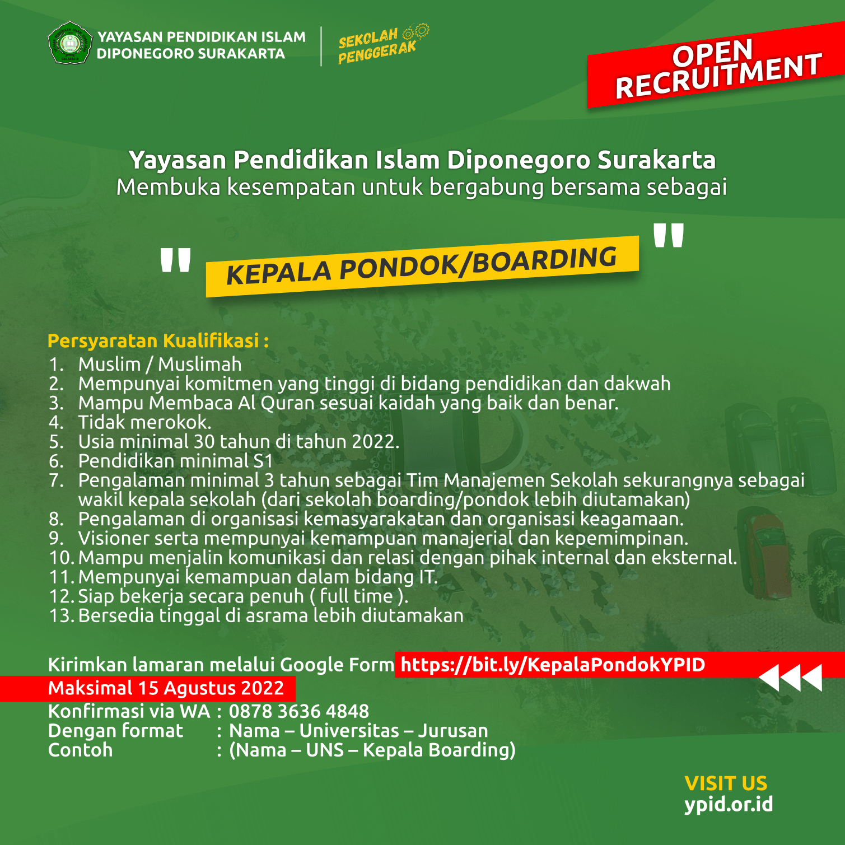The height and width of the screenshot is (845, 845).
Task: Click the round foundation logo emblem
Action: [x=69, y=43]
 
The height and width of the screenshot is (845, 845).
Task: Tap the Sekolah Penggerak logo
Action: [x=381, y=44]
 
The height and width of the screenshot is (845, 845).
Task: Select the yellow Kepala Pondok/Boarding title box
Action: [x=422, y=267]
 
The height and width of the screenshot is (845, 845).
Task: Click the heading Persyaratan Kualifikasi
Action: [x=158, y=340]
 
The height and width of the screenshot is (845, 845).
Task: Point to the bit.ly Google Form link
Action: [x=553, y=665]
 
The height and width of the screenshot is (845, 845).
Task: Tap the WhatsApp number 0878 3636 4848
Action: [x=299, y=711]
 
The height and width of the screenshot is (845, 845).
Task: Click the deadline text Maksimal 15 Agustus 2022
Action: [x=166, y=688]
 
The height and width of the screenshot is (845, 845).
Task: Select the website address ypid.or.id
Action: [x=728, y=804]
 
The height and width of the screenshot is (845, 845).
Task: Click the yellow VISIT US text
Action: [x=726, y=783]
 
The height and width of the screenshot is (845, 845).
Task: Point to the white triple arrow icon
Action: [x=791, y=678]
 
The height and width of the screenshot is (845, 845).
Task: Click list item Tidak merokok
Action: [x=144, y=422]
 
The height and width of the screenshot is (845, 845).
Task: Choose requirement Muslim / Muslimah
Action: [x=160, y=364]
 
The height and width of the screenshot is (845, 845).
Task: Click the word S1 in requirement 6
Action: [x=263, y=461]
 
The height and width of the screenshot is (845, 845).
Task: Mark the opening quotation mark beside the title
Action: [x=175, y=261]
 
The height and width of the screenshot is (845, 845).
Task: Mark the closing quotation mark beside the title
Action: [x=669, y=235]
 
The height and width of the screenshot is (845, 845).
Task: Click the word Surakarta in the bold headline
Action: [x=656, y=160]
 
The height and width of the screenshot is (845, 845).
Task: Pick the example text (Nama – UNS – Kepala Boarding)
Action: [x=372, y=750]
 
